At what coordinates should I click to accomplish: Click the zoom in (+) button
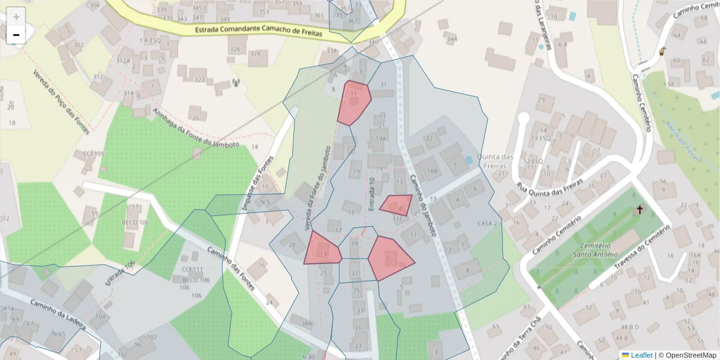[16, 17]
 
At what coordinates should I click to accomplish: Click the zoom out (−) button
[16, 35]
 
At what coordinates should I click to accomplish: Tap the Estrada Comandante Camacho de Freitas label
[259, 31]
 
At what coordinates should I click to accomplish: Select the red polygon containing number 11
[353, 102]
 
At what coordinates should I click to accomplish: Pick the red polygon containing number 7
[389, 258]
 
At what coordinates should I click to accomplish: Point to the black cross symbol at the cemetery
[640, 210]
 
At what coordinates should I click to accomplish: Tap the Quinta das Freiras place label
[496, 161]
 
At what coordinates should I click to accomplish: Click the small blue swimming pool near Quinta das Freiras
[468, 160]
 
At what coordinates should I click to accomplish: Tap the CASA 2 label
[488, 223]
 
